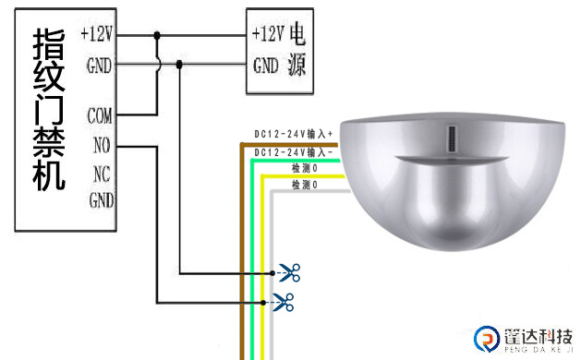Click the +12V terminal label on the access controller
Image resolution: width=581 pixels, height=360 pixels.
pyautogui.click(x=97, y=34)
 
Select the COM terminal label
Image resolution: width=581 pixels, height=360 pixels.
pyautogui.click(x=100, y=115)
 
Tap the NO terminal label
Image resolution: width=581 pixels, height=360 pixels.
pyautogui.click(x=102, y=145)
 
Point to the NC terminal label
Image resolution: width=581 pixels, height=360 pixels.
pyautogui.click(x=102, y=174)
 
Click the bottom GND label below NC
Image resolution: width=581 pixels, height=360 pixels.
pyautogui.click(x=102, y=200)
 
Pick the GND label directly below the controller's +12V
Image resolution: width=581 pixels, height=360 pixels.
pyautogui.click(x=99, y=66)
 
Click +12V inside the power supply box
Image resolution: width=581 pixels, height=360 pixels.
pyautogui.click(x=268, y=34)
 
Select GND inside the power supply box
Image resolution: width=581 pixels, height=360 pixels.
pyautogui.click(x=266, y=66)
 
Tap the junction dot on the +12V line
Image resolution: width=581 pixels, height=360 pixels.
pyautogui.click(x=157, y=36)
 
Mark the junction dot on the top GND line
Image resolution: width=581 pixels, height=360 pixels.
pyautogui.click(x=179, y=65)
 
